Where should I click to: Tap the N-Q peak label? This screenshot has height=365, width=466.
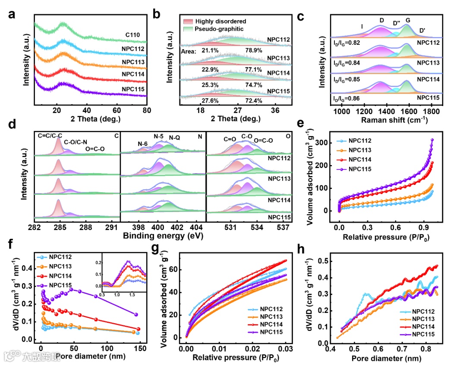175,138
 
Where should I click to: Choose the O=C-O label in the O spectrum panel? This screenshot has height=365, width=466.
263,141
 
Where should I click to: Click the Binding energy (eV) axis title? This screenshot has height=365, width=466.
163,236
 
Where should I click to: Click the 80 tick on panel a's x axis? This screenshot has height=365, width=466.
147,111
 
